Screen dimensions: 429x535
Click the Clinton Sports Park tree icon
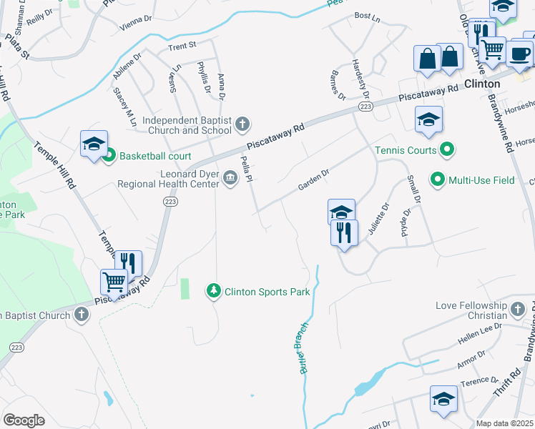[x=212, y=291]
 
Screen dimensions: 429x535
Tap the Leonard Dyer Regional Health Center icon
[x=230, y=178]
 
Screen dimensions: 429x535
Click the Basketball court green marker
[x=109, y=154]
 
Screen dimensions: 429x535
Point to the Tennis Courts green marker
[x=448, y=150]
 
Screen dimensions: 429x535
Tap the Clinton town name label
[x=482, y=84]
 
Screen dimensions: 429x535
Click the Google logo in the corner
[x=24, y=420]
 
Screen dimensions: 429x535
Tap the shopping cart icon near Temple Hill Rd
[x=114, y=282]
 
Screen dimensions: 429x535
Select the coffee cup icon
[x=521, y=53]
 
